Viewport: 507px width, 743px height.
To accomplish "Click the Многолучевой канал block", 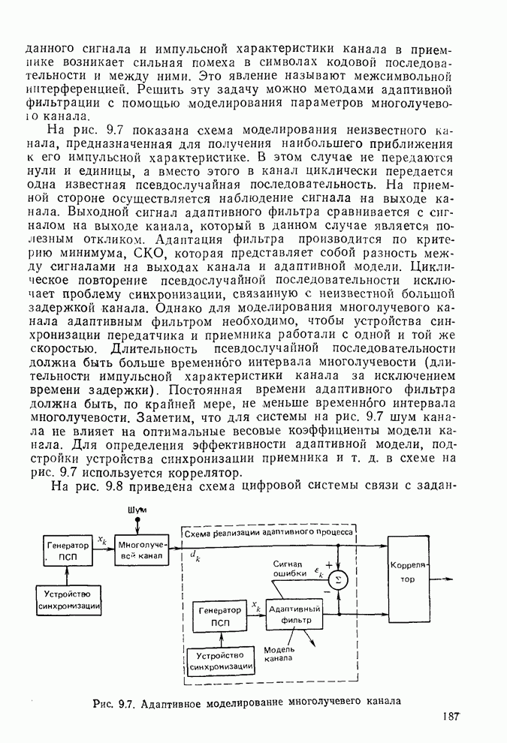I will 140,552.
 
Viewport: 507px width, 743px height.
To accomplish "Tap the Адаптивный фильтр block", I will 295,615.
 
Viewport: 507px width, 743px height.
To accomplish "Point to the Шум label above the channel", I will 137,510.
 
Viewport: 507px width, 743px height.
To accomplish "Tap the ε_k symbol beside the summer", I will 318,574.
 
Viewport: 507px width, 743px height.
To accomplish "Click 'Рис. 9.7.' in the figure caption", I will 113,703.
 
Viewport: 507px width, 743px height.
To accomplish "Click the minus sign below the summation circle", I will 327,592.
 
